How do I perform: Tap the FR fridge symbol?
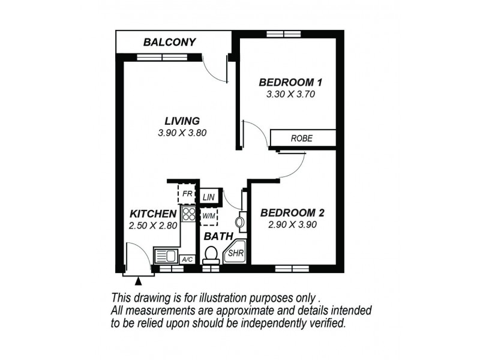point(187,194)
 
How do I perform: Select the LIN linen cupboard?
point(208,197)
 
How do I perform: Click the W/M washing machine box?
point(208,215)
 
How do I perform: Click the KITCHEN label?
point(153,214)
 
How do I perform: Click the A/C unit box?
point(187,259)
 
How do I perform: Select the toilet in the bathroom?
point(210,256)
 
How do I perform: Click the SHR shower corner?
point(235,254)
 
